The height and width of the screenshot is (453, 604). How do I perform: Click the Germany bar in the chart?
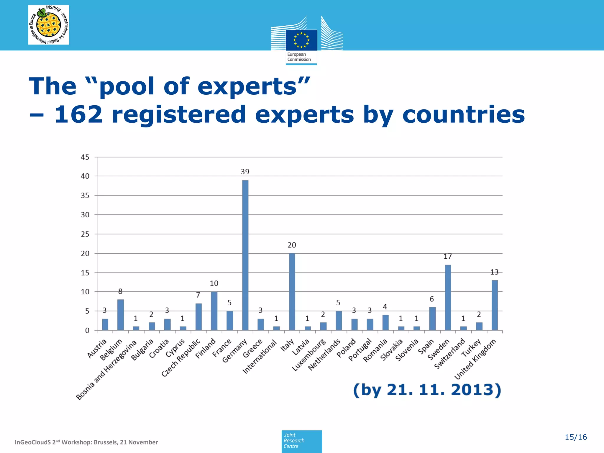pos(245,255)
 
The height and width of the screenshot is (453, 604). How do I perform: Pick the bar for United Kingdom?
pos(495,305)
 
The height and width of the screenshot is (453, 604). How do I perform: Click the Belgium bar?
pos(120,315)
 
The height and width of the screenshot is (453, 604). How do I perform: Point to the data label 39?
pos(245,172)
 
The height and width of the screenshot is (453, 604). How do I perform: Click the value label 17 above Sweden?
pos(448,257)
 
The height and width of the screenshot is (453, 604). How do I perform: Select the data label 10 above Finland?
pos(214,283)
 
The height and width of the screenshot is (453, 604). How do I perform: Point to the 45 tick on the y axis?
pos(85,157)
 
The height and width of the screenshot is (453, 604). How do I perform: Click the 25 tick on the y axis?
pos(85,234)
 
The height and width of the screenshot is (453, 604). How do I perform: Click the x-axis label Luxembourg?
pos(309,355)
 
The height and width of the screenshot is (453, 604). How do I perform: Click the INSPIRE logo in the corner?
pos(49,25)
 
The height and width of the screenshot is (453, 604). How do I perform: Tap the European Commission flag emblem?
pos(301,40)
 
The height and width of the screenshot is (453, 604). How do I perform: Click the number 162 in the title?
pos(79,114)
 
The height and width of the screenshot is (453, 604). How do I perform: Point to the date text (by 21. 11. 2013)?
pos(427,390)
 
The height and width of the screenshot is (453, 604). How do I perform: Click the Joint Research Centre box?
pos(301,441)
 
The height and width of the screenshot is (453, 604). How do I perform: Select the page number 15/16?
pos(575,437)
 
